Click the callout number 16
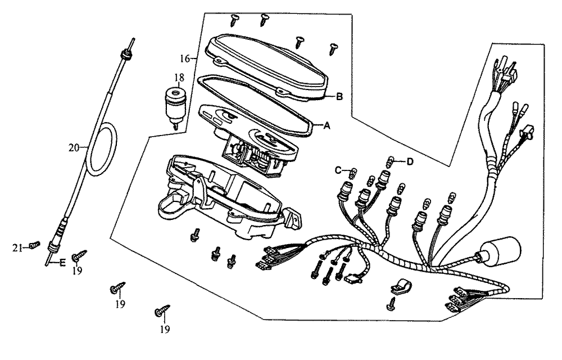point(185,58)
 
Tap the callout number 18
point(178,77)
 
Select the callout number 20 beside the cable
point(74,148)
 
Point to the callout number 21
point(17,247)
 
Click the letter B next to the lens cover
point(339,96)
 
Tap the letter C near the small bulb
point(339,169)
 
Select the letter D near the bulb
point(410,162)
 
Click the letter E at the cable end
point(62,262)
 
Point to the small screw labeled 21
point(34,245)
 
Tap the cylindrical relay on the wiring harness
point(498,251)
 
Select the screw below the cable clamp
point(392,305)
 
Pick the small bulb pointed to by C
point(353,173)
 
